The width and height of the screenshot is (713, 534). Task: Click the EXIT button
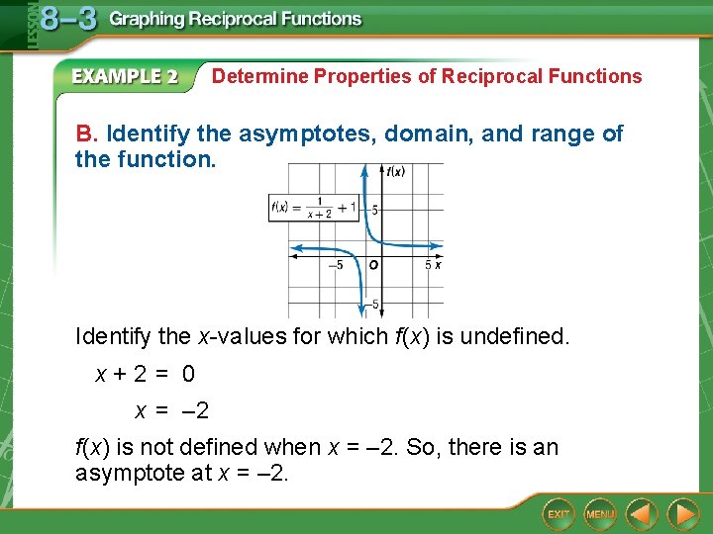(560, 514)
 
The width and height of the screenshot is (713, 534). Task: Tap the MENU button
(600, 514)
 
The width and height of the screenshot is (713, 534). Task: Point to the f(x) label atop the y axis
(395, 172)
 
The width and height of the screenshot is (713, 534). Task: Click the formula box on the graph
(313, 208)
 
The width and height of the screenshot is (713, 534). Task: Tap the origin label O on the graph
(373, 265)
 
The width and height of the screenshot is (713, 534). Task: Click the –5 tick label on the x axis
(336, 265)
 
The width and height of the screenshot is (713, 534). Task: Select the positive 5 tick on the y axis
(375, 210)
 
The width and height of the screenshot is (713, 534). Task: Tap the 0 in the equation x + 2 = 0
(188, 375)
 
